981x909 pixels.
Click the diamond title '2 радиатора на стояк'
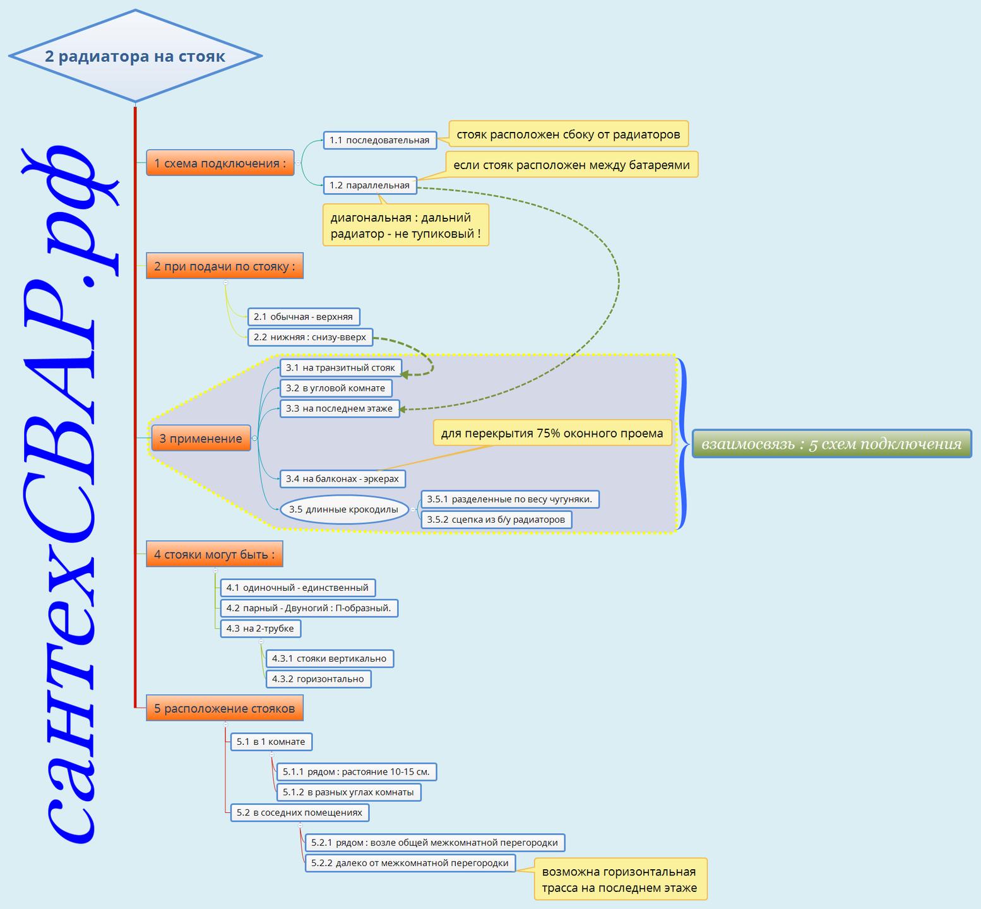[135, 56]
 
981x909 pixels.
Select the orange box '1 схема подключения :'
[220, 163]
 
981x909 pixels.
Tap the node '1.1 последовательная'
[379, 140]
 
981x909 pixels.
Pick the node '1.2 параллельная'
[370, 185]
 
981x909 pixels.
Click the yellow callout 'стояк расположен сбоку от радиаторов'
[568, 134]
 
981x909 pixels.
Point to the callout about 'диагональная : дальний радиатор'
[406, 225]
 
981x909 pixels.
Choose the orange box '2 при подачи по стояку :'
[225, 266]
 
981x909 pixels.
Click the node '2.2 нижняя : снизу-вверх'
[310, 337]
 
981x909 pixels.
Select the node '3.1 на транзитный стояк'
[340, 367]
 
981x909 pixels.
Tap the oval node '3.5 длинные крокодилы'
[344, 509]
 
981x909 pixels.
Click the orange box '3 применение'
[201, 438]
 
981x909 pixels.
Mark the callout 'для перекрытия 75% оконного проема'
[552, 433]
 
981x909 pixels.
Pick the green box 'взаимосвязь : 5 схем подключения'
[832, 444]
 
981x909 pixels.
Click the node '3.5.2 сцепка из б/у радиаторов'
[496, 520]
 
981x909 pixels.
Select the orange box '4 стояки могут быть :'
[215, 554]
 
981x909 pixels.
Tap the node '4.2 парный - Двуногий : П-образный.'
[309, 608]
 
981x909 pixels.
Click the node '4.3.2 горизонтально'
[318, 679]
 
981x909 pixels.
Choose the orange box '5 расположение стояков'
[225, 708]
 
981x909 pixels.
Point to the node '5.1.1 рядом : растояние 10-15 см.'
[357, 771]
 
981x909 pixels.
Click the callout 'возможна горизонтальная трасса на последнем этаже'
[620, 879]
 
